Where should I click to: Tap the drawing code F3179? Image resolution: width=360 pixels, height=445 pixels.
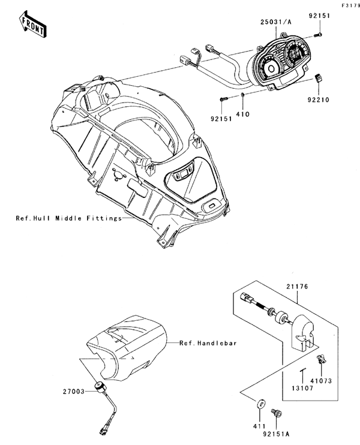[347, 5]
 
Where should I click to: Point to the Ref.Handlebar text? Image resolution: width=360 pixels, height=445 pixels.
[208, 343]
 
